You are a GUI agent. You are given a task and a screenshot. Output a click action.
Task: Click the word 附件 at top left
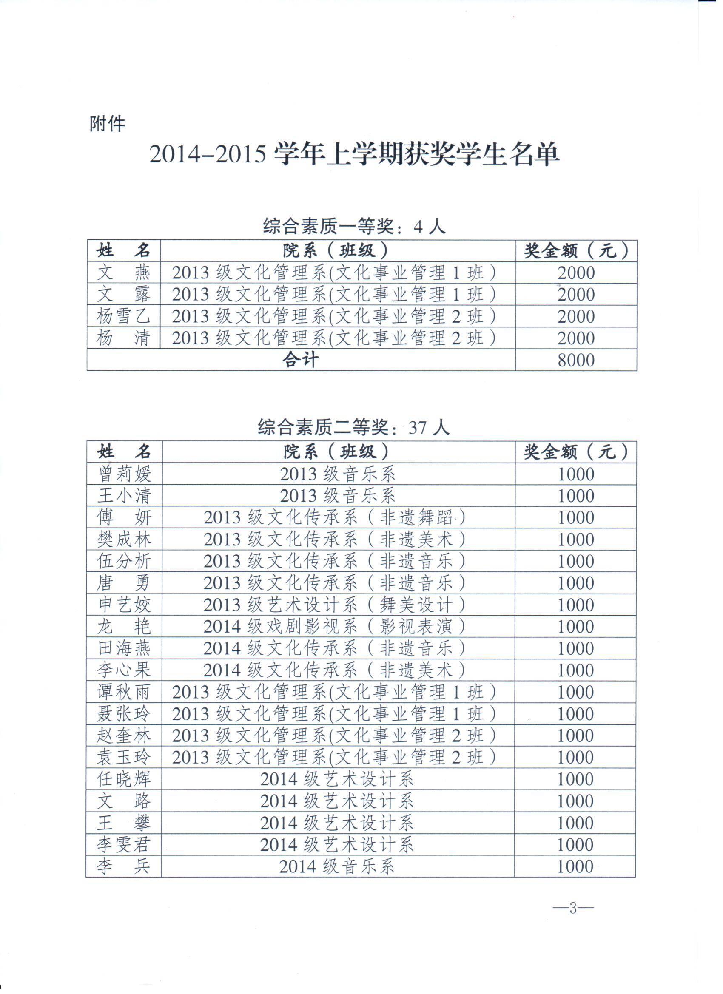pos(108,124)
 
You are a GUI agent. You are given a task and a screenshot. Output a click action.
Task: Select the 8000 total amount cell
pos(576,360)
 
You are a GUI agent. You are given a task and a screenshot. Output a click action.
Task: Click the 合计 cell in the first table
pos(300,360)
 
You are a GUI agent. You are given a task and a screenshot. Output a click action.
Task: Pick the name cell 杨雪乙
pos(123,316)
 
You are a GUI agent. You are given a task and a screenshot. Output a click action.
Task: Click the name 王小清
pos(124,496)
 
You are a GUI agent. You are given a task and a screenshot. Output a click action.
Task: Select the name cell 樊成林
pos(124,540)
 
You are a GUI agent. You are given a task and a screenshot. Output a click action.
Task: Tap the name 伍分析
pos(124,562)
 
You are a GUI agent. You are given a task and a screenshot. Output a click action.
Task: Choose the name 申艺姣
pos(124,605)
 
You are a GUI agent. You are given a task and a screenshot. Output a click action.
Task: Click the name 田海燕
pos(124,649)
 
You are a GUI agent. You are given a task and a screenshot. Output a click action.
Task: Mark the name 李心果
pos(124,670)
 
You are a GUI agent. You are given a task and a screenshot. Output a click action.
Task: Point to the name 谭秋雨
pos(124,693)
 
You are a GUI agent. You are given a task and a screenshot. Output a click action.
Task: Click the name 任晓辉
pos(124,779)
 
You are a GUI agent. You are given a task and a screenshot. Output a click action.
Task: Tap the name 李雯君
pos(124,844)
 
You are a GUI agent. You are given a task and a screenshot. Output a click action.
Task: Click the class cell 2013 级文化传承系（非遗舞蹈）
pos(334,518)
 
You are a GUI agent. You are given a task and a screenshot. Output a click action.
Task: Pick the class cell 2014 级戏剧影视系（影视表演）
pos(334,627)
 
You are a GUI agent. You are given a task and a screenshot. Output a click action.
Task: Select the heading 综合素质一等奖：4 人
pos(354,227)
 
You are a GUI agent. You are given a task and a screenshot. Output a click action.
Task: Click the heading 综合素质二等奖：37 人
pos(353,427)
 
